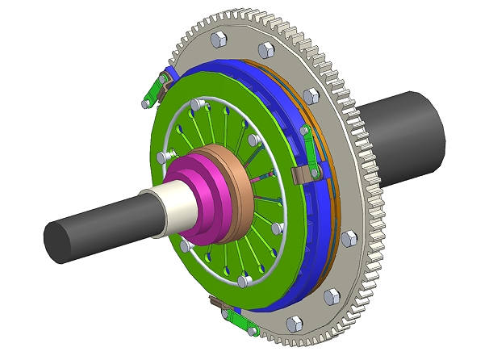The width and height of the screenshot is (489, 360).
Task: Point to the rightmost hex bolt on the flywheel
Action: [x=349, y=240]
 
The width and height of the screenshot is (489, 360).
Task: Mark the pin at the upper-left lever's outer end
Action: [x=144, y=102]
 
